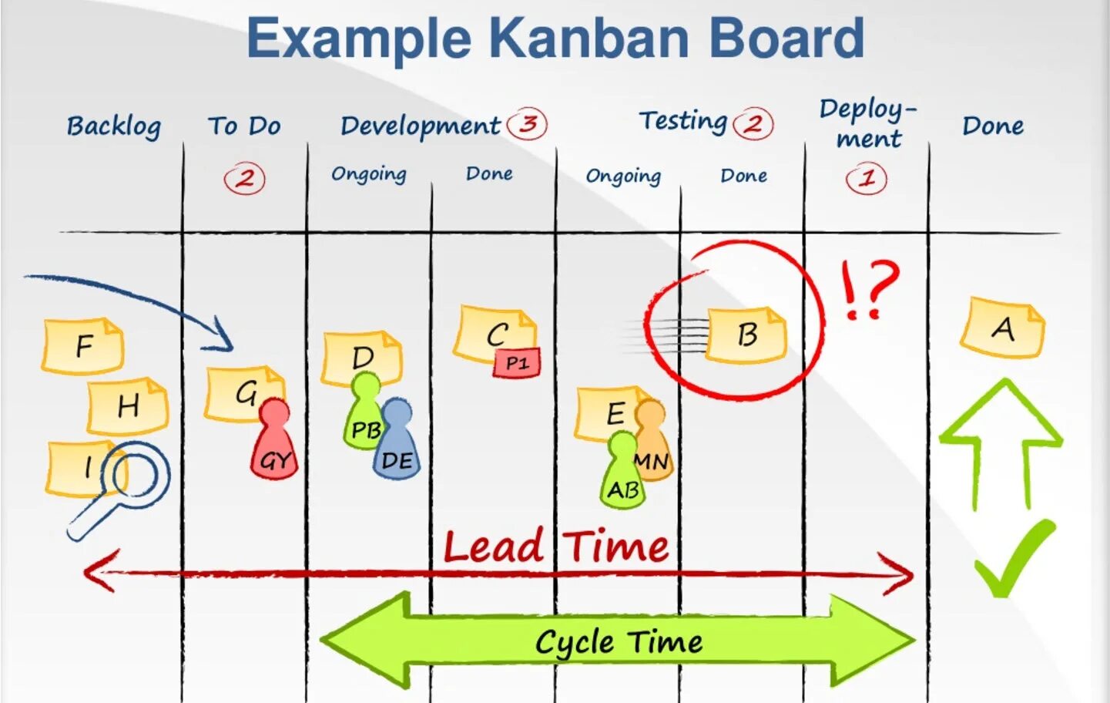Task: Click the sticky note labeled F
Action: pyautogui.click(x=82, y=346)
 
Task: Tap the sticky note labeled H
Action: pyautogui.click(x=127, y=405)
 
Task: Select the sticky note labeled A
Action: pyautogui.click(x=1002, y=328)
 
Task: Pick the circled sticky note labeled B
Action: pyautogui.click(x=746, y=335)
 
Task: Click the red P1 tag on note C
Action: pyautogui.click(x=517, y=363)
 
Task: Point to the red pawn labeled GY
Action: pyautogui.click(x=274, y=444)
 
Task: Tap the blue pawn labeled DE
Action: pyautogui.click(x=397, y=442)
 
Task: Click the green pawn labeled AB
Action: pyautogui.click(x=622, y=474)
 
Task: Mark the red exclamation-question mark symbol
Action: pyautogui.click(x=869, y=290)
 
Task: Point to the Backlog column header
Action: pyautogui.click(x=113, y=126)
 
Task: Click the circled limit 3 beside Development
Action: pyautogui.click(x=528, y=123)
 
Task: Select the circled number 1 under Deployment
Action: pyautogui.click(x=867, y=179)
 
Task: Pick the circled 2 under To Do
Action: pyautogui.click(x=244, y=179)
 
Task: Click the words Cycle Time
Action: pyautogui.click(x=619, y=642)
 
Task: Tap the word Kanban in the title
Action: pyautogui.click(x=589, y=38)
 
